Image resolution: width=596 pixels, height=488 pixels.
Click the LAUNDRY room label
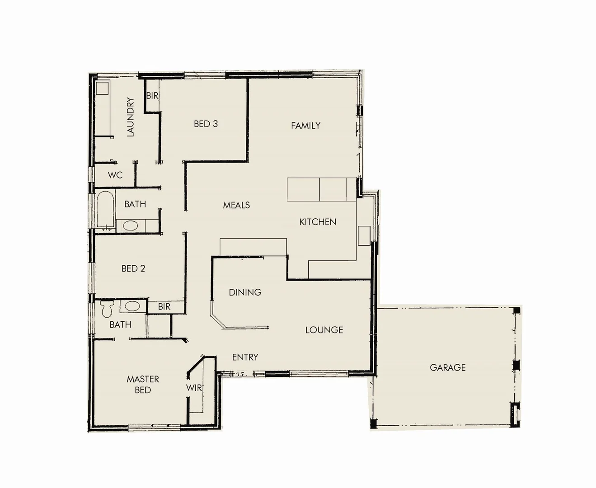point(131,117)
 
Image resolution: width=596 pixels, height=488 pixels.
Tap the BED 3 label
point(206,124)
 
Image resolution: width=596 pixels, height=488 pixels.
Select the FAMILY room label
point(305,126)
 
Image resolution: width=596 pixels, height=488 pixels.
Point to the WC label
point(115,175)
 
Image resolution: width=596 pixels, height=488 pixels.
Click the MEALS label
point(236,205)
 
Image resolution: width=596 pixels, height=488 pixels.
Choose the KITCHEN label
point(318,222)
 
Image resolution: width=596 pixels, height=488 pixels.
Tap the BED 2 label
point(133,268)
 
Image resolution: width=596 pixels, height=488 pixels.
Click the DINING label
point(245,292)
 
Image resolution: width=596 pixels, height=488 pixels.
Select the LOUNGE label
point(324,330)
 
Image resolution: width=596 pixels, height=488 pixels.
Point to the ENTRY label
point(245,357)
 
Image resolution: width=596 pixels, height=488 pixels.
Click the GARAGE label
point(447,368)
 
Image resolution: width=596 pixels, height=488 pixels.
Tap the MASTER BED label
point(143,385)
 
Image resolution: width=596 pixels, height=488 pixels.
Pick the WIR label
point(194,388)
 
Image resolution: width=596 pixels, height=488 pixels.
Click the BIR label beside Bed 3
point(152,96)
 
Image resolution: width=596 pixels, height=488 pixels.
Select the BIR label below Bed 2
point(164,307)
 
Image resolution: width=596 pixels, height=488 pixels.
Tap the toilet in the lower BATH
point(108,309)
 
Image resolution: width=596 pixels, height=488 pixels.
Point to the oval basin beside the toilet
point(132,306)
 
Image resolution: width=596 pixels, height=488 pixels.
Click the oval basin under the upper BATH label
point(131,226)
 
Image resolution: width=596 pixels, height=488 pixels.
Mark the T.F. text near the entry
point(240,374)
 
